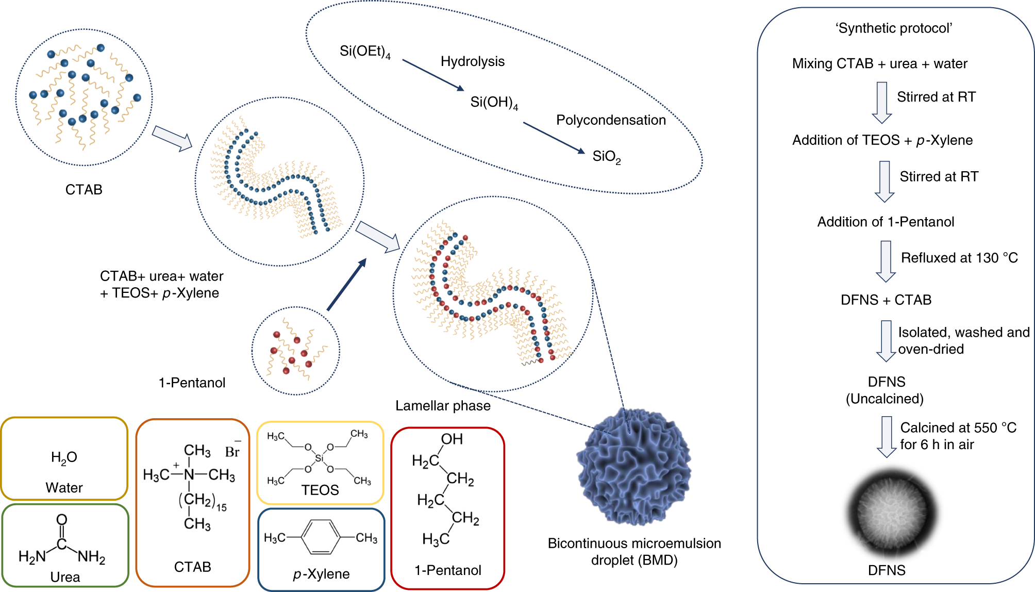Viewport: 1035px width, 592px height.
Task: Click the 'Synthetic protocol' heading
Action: tap(894, 28)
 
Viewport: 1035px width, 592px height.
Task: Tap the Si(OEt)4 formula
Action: tap(364, 52)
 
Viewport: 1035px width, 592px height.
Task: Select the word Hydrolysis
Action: tap(472, 61)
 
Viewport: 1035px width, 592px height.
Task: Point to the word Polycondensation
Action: tap(611, 120)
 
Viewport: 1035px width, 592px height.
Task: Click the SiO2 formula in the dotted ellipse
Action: tap(606, 156)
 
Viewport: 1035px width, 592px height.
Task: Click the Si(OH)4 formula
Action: tap(493, 103)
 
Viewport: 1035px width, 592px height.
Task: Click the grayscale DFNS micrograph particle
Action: tap(891, 514)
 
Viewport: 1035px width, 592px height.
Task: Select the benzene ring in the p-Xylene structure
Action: tap(320, 537)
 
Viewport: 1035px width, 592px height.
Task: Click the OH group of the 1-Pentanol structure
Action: tap(452, 439)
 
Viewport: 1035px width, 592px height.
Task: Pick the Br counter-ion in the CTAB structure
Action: tap(232, 451)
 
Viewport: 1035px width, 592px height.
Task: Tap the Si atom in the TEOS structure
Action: tap(320, 458)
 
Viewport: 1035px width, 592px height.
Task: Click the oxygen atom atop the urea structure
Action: tap(62, 519)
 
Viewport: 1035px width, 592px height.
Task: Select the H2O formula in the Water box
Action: tap(64, 457)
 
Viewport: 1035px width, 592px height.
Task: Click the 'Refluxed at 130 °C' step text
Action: tap(959, 258)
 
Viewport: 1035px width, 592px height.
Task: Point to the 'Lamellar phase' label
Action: tap(443, 406)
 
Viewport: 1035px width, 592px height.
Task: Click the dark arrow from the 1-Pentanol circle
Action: tap(346, 285)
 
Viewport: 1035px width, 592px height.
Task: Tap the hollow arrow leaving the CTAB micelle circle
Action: tap(172, 138)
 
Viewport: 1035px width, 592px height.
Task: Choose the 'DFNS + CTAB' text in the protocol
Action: tap(886, 300)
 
